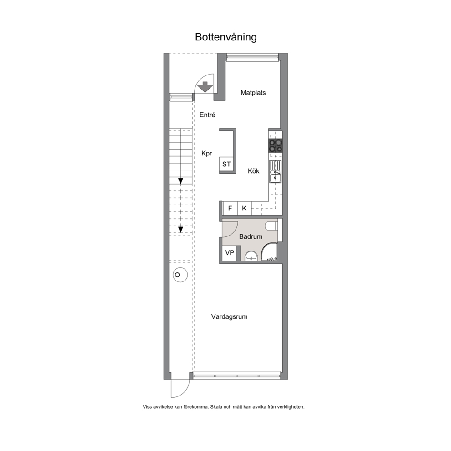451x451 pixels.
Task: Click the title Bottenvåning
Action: point(226,37)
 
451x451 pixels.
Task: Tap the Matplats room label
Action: point(253,93)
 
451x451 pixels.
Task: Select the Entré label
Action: point(207,115)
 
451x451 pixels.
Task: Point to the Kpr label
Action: point(207,153)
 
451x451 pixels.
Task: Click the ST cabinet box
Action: point(227,164)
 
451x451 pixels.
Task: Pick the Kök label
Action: point(253,171)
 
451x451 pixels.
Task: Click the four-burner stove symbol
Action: point(276,146)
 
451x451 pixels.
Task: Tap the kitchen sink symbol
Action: point(275,172)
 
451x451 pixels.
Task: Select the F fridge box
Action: point(230,208)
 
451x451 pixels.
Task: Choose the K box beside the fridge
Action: point(244,208)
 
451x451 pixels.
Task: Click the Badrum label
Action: point(251,236)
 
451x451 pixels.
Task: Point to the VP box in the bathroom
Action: point(229,253)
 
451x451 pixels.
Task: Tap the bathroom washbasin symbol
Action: point(252,255)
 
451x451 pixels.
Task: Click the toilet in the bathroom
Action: point(272,226)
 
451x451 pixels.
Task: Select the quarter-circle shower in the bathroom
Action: point(270,252)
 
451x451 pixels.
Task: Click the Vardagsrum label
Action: point(229,317)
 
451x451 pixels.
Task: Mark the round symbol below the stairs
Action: point(180,275)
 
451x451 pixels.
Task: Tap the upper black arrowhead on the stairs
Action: point(180,181)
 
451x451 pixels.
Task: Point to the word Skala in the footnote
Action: point(216,407)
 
